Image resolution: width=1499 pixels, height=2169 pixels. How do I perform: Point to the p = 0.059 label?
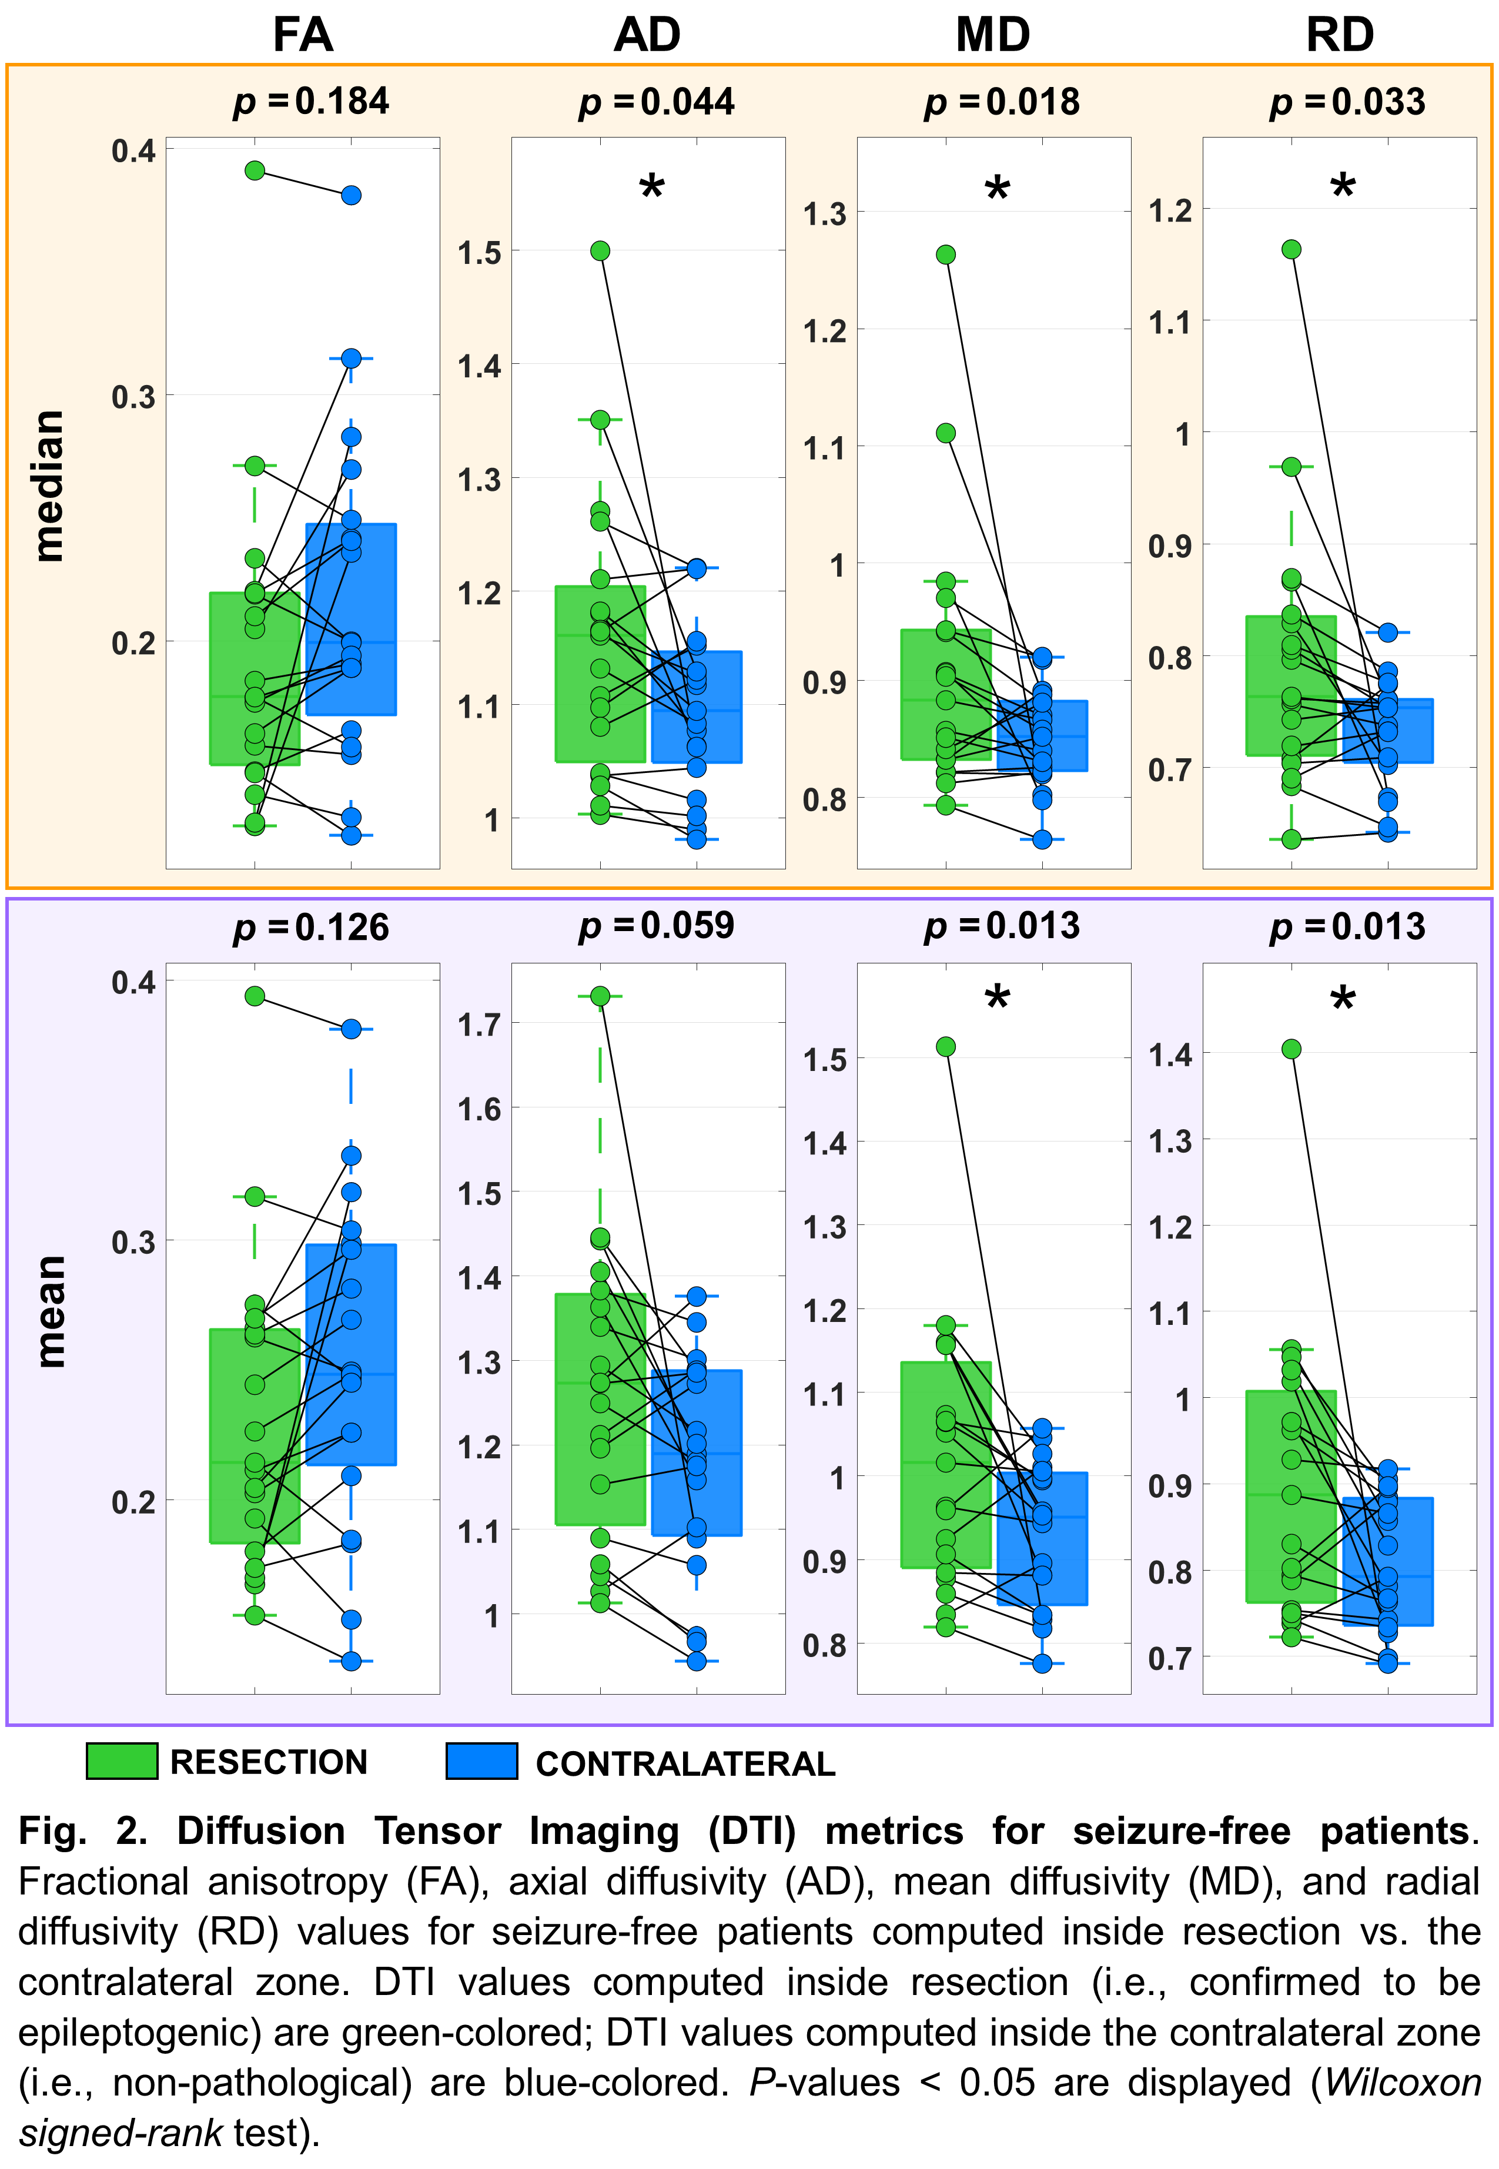pos(657,926)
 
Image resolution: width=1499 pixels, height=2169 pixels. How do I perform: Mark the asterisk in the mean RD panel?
pos(1343,999)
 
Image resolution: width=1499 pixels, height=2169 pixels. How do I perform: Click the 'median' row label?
pos(49,486)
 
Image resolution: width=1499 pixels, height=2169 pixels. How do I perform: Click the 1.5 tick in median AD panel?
pos(479,253)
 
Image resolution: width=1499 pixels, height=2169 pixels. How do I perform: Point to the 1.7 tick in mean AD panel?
pos(479,1025)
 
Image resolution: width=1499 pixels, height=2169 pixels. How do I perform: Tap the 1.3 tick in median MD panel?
pos(825,214)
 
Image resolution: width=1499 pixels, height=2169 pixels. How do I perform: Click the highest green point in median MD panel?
pos(946,255)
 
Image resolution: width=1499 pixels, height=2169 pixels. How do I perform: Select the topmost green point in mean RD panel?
pos(1291,1049)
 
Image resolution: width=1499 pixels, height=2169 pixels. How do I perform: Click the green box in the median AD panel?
pos(600,673)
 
